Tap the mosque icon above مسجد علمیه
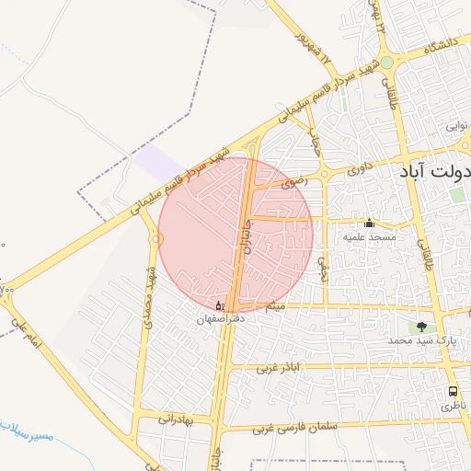[x=370, y=223]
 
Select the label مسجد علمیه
[x=370, y=237]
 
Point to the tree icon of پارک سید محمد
[x=421, y=326]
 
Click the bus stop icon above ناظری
[x=452, y=391]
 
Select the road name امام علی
[x=28, y=336]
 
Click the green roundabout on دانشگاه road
[x=387, y=63]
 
